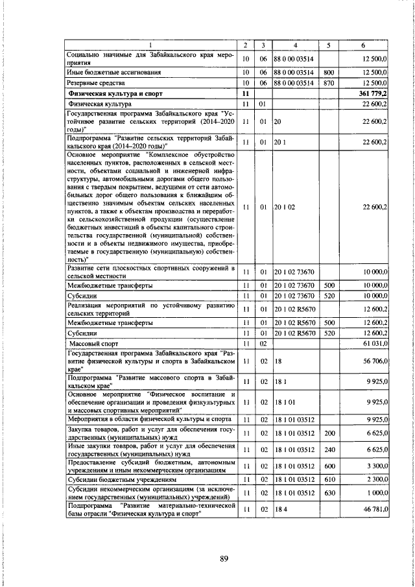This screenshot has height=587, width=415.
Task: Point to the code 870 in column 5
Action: coord(329,83)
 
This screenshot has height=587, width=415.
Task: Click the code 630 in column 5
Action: coord(329,494)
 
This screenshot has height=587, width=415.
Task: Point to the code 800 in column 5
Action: coord(329,73)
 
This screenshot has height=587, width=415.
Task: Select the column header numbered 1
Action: coord(150,45)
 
